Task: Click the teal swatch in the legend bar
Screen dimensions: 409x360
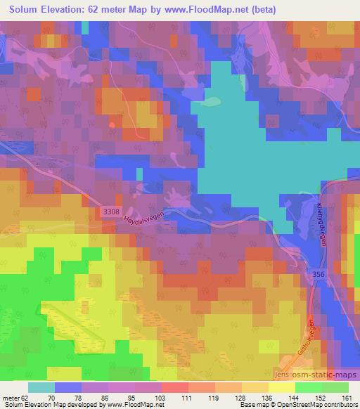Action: coord(41,387)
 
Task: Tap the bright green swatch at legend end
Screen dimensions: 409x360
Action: coord(336,387)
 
